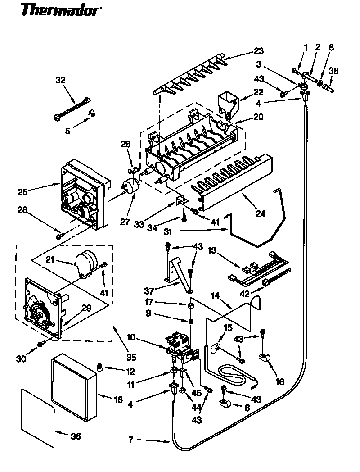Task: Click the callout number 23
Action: (x=258, y=50)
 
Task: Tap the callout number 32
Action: (x=60, y=81)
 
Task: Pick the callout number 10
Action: (x=144, y=337)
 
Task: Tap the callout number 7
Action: (x=131, y=440)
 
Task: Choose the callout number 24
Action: (x=261, y=214)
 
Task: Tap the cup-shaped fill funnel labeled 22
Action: (x=227, y=103)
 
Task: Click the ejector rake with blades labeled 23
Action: (x=189, y=77)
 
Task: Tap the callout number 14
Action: (x=216, y=295)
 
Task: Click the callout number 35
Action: (x=131, y=358)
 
